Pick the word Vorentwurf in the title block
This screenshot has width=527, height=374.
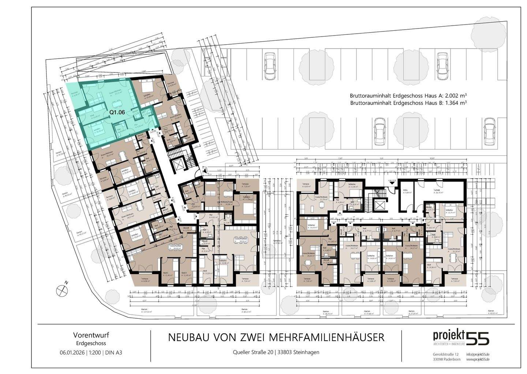[x=91, y=335]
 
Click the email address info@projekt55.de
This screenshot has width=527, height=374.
[x=478, y=355]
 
